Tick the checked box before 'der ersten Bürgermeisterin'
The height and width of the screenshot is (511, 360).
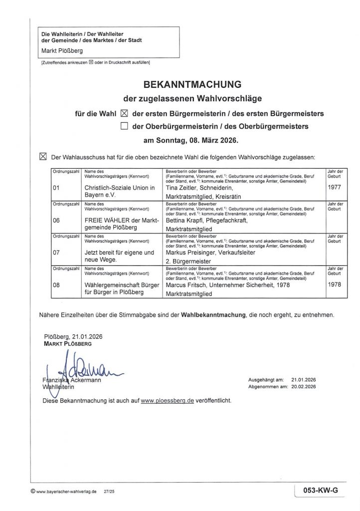coord(125,113)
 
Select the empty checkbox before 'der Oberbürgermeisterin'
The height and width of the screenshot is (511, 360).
coord(125,126)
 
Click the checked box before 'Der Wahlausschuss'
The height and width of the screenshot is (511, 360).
coord(42,156)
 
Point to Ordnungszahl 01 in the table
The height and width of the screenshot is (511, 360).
coord(56,188)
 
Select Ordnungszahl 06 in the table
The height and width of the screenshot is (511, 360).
coord(56,220)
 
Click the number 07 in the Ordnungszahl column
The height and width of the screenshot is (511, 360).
coord(56,253)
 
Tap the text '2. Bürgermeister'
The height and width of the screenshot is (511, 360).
coord(187,261)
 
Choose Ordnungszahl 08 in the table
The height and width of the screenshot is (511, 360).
coord(56,285)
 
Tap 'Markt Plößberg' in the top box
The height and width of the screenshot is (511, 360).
coord(62,51)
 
